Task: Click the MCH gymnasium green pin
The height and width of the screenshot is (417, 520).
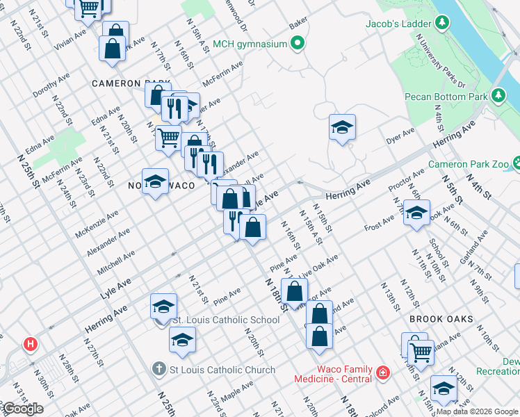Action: click(x=298, y=44)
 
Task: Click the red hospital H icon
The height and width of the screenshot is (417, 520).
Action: click(x=31, y=343)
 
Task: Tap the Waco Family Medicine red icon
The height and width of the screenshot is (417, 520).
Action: click(x=382, y=374)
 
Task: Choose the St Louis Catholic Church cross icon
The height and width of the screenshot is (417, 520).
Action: click(x=159, y=370)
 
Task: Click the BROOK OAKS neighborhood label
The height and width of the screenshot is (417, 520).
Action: click(x=441, y=319)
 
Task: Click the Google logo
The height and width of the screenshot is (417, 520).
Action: click(x=23, y=409)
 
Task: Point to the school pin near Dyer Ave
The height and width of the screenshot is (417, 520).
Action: click(x=342, y=128)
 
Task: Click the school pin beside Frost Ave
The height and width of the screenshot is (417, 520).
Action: click(x=416, y=214)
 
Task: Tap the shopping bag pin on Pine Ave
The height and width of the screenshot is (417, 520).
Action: click(x=295, y=292)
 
